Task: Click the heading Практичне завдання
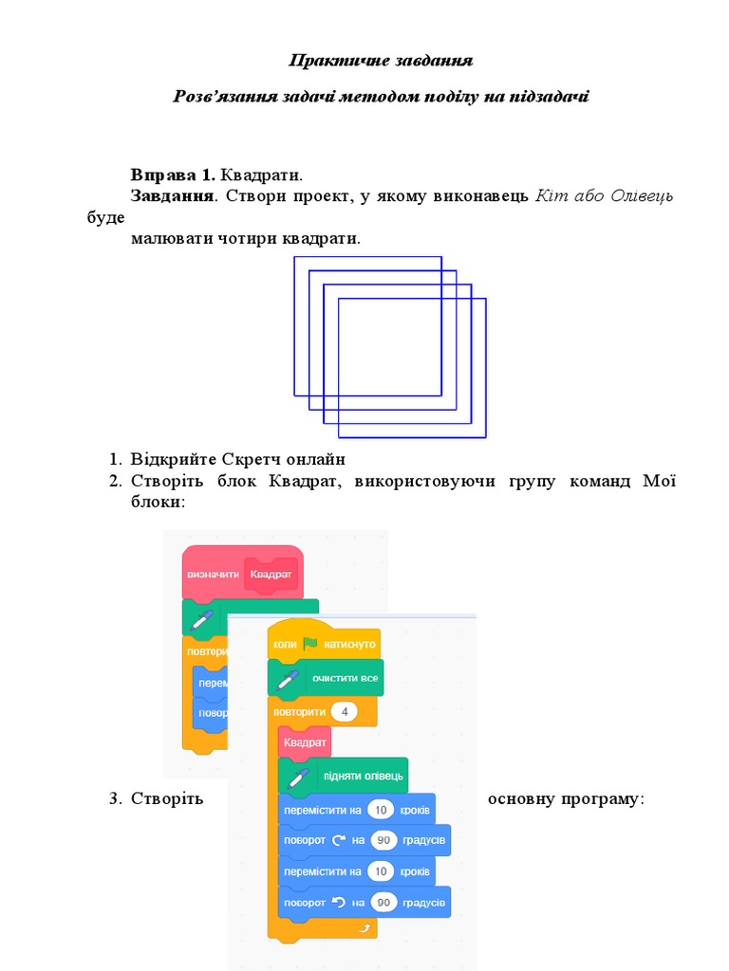click(x=381, y=61)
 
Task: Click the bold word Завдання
click(x=171, y=196)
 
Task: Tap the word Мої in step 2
click(x=660, y=482)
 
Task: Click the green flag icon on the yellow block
click(x=310, y=644)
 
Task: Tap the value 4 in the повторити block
click(x=345, y=711)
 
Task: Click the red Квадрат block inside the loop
click(x=304, y=742)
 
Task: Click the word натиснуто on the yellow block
click(x=349, y=644)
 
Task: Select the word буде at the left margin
click(x=104, y=217)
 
